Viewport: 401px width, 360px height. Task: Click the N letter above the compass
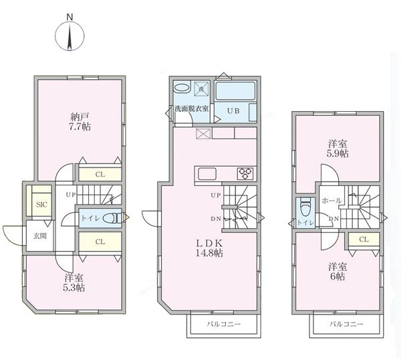(70, 17)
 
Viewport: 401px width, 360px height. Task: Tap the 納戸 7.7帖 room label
(80, 122)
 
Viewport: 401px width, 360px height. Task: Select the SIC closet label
(41, 205)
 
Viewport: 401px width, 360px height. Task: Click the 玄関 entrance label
(40, 236)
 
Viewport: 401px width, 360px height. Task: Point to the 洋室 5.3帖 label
(74, 282)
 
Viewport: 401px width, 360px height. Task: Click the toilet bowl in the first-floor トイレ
(111, 218)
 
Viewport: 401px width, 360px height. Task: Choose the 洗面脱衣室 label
(192, 108)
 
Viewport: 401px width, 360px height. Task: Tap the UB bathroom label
(233, 111)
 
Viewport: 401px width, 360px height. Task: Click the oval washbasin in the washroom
(182, 87)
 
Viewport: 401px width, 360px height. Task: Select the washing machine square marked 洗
(202, 88)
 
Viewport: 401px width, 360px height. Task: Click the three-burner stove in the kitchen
(246, 173)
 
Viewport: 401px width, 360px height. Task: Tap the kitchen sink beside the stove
(207, 174)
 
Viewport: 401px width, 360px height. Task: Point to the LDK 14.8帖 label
(209, 248)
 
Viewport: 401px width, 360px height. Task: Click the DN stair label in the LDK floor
(216, 219)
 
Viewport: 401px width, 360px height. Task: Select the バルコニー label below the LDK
(224, 324)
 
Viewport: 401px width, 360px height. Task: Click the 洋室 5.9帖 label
(338, 149)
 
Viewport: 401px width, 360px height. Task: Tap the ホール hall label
(331, 201)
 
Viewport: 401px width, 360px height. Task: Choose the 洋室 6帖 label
(338, 272)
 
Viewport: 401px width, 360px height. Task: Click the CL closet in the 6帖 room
(364, 240)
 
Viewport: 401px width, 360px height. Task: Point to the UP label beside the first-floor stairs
(71, 195)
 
